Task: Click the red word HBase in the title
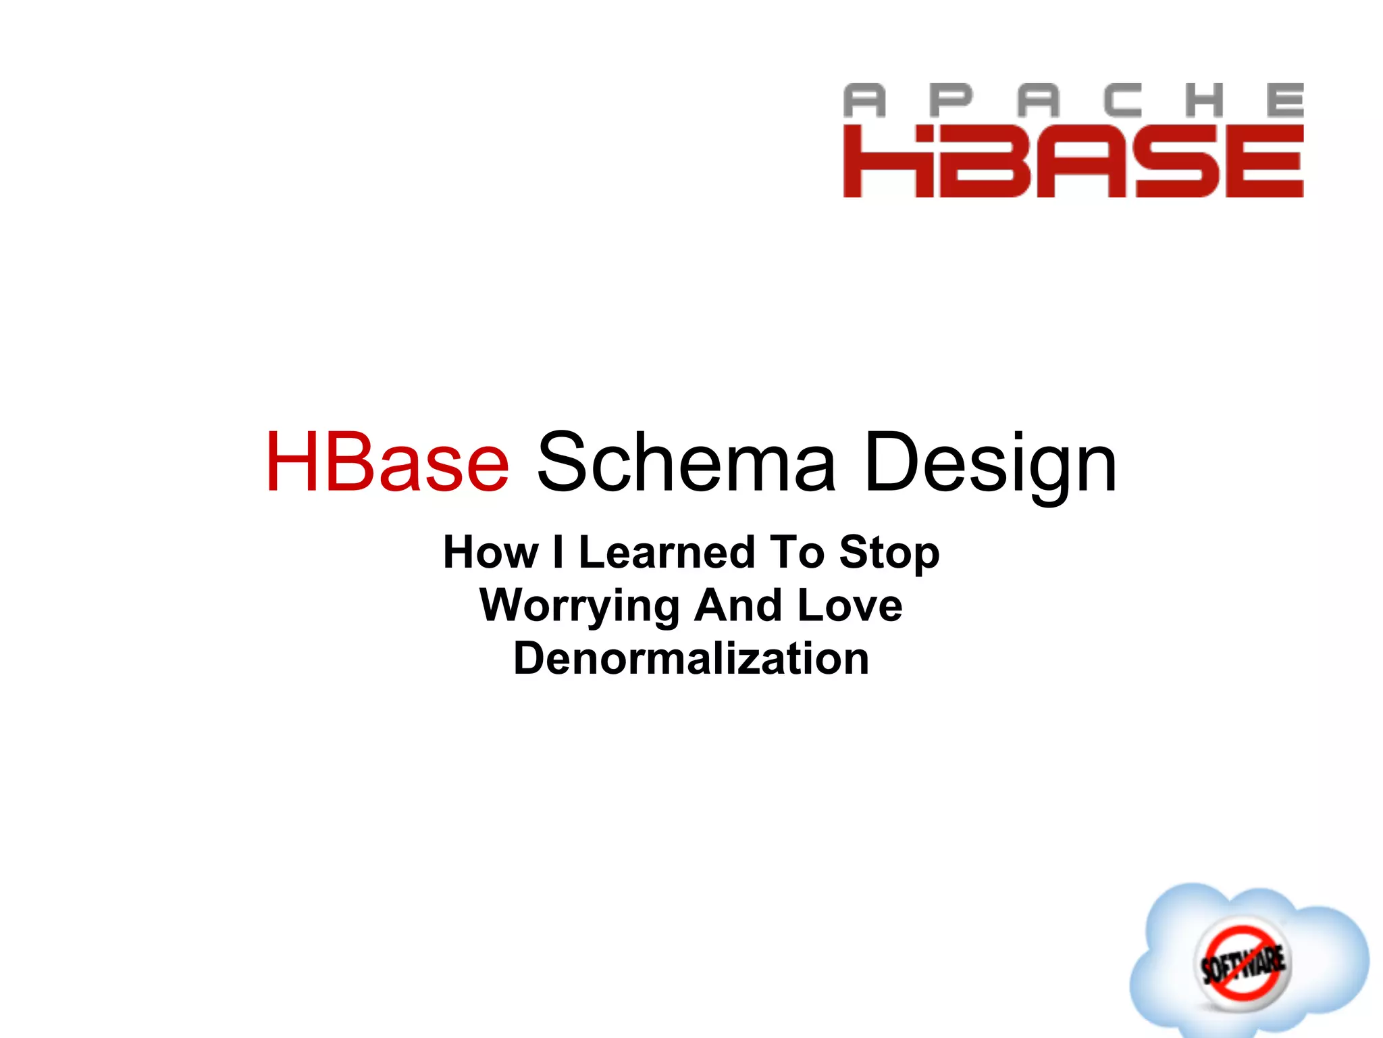click(388, 463)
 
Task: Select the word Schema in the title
click(686, 463)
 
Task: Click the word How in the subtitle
click(490, 552)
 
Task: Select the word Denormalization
click(691, 658)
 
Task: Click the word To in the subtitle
click(798, 552)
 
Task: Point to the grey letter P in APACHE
click(951, 101)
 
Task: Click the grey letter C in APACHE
click(1122, 101)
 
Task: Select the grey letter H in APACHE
click(1205, 101)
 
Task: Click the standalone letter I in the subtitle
click(558, 552)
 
